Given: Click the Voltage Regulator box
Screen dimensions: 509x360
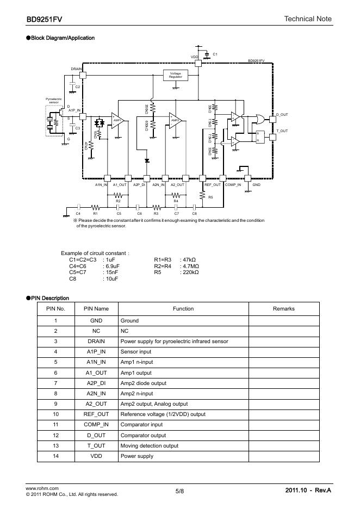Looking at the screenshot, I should [175, 75].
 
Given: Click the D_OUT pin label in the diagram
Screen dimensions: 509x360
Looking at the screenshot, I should [282, 115].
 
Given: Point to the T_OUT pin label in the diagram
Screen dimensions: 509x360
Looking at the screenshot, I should [282, 131].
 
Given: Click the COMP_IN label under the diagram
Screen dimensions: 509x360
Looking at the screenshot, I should [233, 185].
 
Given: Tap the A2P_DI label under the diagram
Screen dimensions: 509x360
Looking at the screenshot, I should [139, 185].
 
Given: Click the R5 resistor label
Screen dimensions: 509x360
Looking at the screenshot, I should [210, 196].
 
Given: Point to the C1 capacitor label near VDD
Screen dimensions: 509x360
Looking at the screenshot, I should [215, 54].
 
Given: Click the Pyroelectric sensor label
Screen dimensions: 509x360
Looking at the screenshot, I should [54, 100].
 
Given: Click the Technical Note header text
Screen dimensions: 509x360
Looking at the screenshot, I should [308, 19].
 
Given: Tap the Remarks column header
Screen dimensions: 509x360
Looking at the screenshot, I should [284, 309].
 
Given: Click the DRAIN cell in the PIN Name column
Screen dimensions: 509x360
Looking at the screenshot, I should [96, 341].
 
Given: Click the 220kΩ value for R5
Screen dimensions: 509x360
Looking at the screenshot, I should [189, 272].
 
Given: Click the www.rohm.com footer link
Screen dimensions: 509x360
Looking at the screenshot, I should [42, 488].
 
